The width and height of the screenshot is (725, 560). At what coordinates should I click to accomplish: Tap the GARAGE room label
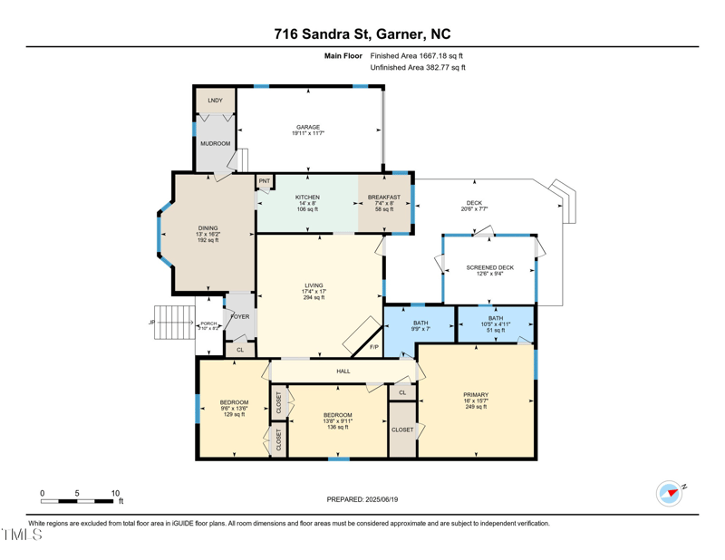(x=309, y=128)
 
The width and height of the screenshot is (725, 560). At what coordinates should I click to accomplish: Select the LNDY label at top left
(x=215, y=101)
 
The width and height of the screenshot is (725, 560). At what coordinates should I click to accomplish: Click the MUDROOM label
(x=215, y=143)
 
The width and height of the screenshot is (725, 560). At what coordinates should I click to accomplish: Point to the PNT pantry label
(x=265, y=181)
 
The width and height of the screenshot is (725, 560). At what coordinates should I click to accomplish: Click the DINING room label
(x=208, y=228)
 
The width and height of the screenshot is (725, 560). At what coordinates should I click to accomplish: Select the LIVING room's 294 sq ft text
(x=314, y=297)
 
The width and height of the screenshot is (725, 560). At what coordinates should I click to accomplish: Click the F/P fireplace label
(x=373, y=347)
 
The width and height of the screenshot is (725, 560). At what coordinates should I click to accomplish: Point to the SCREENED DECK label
(x=489, y=268)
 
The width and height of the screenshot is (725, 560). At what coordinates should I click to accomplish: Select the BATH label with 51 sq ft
(x=496, y=330)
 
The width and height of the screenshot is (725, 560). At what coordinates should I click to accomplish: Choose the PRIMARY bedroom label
(x=476, y=395)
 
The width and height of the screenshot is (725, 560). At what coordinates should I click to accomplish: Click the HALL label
(x=343, y=371)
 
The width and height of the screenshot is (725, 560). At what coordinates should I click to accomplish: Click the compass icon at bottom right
(x=669, y=494)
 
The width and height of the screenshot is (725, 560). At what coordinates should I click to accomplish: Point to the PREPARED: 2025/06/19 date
(x=362, y=499)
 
